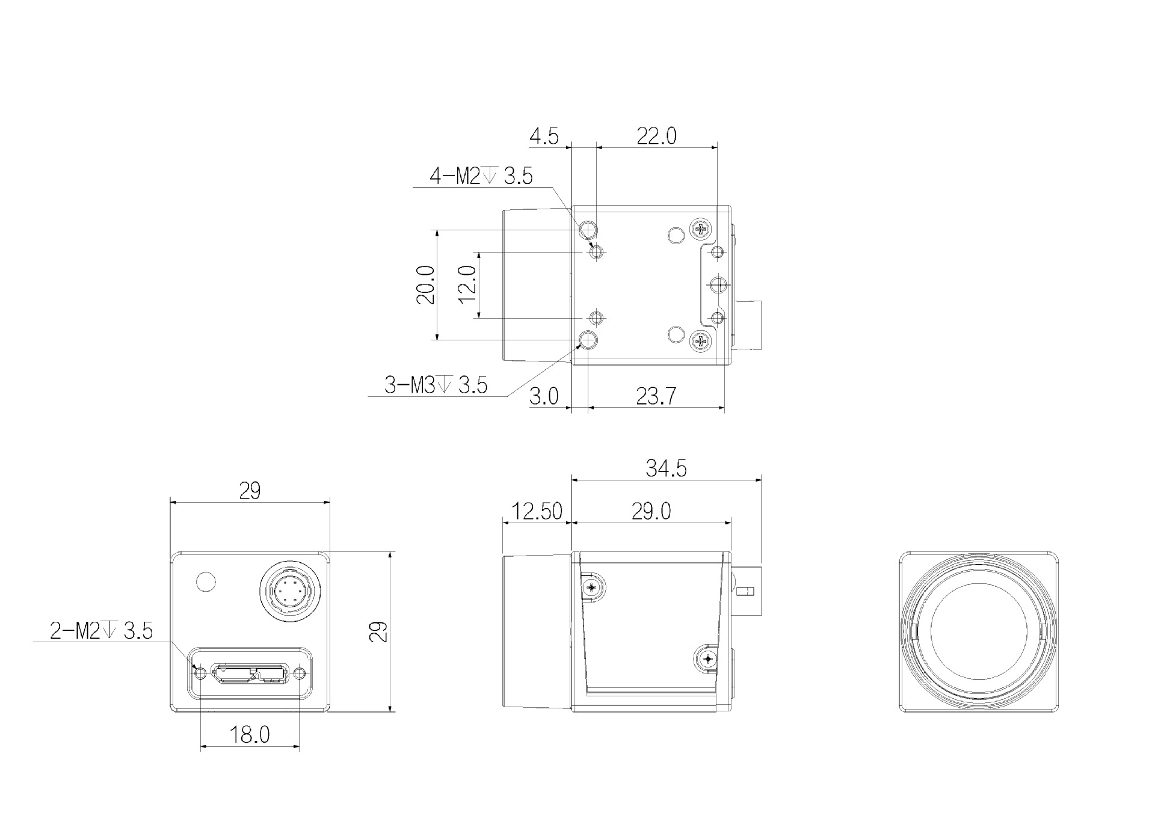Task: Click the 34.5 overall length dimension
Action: click(x=666, y=468)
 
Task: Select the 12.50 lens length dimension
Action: click(x=536, y=511)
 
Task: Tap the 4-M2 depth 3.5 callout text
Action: click(x=481, y=176)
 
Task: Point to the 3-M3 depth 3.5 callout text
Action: click(x=436, y=385)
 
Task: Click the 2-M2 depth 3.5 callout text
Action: click(x=101, y=631)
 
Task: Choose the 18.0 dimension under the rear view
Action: click(x=250, y=734)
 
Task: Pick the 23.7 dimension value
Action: click(x=656, y=396)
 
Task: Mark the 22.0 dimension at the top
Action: click(x=656, y=137)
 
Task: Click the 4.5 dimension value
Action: click(x=544, y=137)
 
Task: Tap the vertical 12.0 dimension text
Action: click(x=467, y=284)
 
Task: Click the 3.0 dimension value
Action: click(x=544, y=396)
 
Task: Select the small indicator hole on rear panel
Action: click(x=206, y=581)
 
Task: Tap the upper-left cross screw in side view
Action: click(x=592, y=587)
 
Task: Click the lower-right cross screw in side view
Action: click(x=707, y=660)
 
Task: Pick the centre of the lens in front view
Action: click(x=979, y=631)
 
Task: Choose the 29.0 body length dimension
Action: click(x=651, y=511)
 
